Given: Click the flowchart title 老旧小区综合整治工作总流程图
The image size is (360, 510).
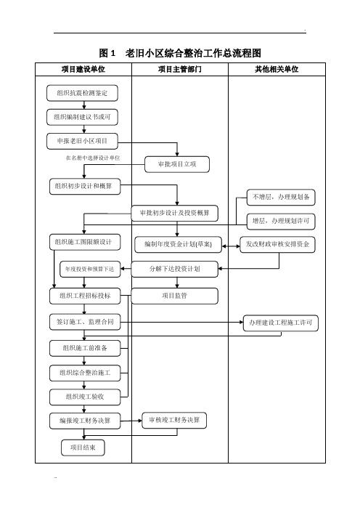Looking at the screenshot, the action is pyautogui.click(x=193, y=53).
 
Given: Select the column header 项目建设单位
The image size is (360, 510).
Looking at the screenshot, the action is pyautogui.click(x=83, y=69).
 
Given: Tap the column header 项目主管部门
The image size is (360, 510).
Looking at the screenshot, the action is pyautogui.click(x=180, y=69).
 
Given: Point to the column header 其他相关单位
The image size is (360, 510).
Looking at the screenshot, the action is pyautogui.click(x=277, y=69).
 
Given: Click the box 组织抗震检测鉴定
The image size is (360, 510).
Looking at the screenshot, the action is pyautogui.click(x=82, y=93).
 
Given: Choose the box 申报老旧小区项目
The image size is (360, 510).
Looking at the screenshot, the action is pyautogui.click(x=82, y=141).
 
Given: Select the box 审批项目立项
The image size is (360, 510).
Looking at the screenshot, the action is pyautogui.click(x=177, y=164).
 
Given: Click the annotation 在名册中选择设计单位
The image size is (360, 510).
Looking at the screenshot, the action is pyautogui.click(x=93, y=158).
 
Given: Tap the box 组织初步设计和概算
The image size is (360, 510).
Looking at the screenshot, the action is pyautogui.click(x=85, y=187).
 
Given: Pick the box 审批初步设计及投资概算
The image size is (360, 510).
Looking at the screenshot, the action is pyautogui.click(x=174, y=213).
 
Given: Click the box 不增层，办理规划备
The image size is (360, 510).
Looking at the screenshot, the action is pyautogui.click(x=281, y=197).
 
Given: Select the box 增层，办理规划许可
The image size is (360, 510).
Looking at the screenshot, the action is pyautogui.click(x=281, y=221).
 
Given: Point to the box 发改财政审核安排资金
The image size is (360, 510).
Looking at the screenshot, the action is pyautogui.click(x=278, y=244).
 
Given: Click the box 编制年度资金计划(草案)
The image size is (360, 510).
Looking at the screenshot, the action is pyautogui.click(x=178, y=244).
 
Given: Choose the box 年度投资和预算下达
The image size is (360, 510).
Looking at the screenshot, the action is pyautogui.click(x=90, y=270).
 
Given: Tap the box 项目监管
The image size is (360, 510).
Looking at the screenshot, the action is pyautogui.click(x=174, y=296).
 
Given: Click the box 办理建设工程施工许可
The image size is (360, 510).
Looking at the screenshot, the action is pyautogui.click(x=281, y=323).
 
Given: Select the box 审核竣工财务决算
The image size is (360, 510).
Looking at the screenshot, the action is pyautogui.click(x=174, y=421).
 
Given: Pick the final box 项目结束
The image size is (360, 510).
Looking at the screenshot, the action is pyautogui.click(x=83, y=448).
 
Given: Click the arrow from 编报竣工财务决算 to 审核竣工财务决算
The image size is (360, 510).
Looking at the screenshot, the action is pyautogui.click(x=131, y=421).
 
